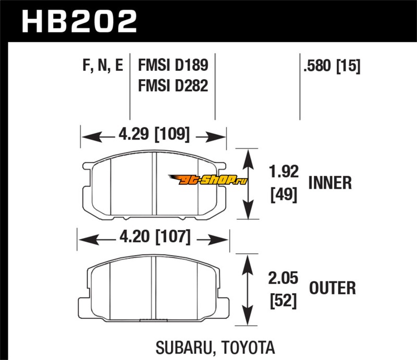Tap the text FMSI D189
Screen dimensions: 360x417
(x=173, y=66)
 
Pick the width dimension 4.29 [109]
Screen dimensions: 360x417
(x=153, y=136)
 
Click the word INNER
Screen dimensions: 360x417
(x=330, y=183)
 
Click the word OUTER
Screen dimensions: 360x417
(x=332, y=288)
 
